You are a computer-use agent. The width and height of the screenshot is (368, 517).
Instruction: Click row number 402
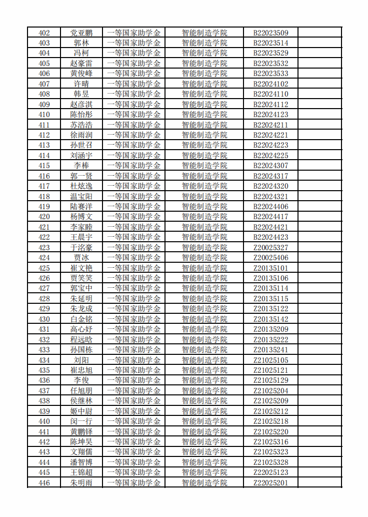44,33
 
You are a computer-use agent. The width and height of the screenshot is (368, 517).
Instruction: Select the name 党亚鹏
81,33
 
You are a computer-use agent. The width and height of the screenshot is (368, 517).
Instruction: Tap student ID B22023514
270,43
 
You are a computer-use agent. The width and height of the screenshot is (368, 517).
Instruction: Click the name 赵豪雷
81,64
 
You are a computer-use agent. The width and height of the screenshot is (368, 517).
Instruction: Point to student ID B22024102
270,84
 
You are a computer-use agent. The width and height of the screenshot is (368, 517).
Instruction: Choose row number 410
44,115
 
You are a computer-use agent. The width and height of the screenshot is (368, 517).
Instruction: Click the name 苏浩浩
81,125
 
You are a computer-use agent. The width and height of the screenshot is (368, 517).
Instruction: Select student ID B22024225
270,156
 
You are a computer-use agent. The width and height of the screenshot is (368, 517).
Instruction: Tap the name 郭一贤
81,176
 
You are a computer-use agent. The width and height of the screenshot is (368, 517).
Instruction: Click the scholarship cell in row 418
134,197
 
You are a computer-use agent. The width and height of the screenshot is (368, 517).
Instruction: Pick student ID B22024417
270,217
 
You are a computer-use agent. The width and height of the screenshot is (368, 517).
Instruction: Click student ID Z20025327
270,248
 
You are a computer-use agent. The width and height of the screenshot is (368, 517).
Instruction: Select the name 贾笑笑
81,278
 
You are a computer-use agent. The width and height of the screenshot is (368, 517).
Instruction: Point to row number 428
44,299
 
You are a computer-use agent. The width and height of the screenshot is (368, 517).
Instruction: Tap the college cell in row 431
204,329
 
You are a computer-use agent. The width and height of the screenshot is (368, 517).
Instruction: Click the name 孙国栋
81,350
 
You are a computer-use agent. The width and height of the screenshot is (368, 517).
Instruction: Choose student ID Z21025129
270,380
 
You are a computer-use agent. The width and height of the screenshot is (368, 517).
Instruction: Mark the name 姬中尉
81,411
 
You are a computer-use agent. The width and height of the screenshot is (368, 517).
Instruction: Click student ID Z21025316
270,442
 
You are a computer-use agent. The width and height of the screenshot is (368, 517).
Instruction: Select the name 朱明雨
81,483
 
